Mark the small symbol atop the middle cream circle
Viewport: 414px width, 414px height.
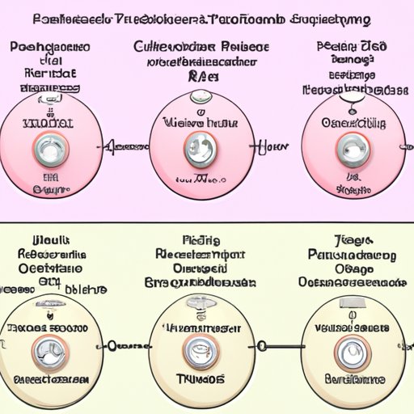pos(196,302)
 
